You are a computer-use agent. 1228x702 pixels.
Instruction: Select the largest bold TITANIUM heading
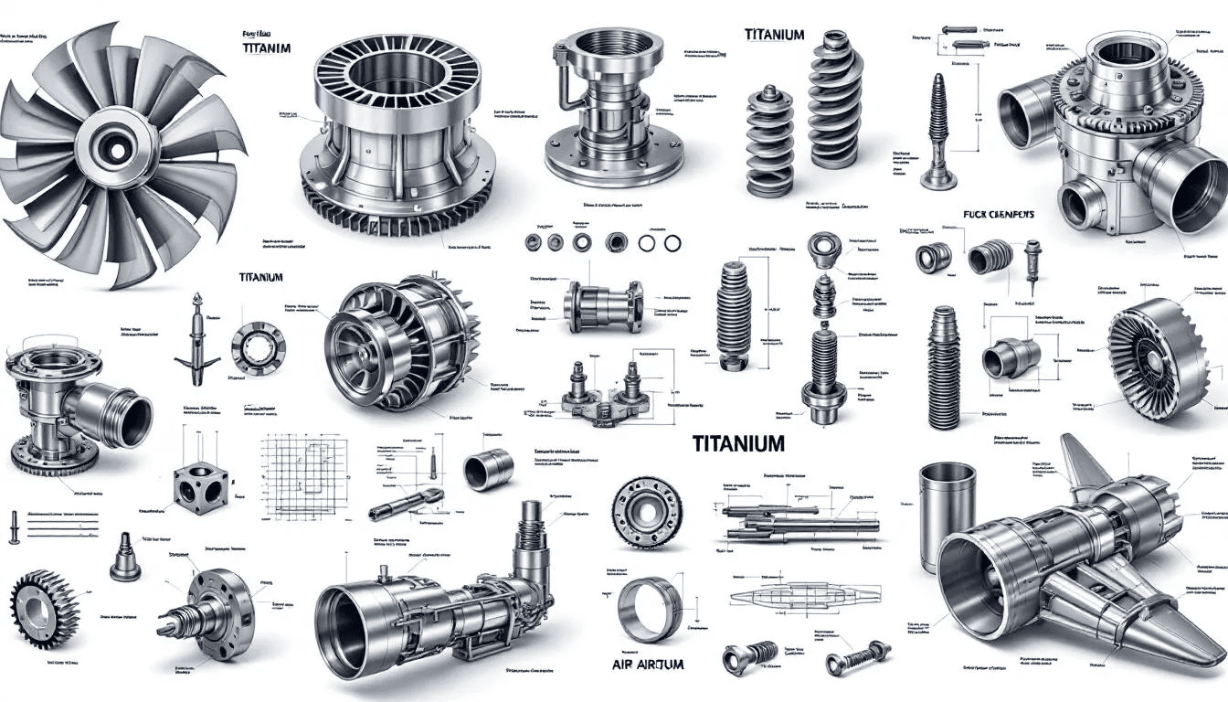pos(738,444)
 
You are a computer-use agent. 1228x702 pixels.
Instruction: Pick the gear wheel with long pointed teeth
pos(43,604)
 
